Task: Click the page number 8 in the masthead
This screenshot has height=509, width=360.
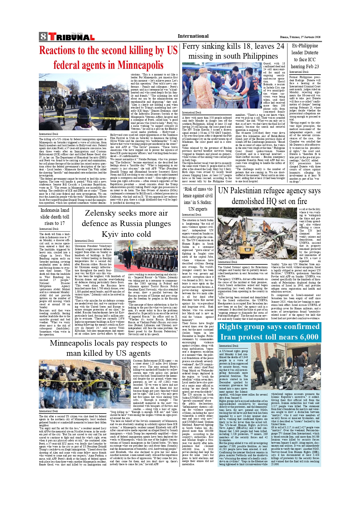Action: [x=43, y=37]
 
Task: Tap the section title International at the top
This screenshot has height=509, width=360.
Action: [x=193, y=36]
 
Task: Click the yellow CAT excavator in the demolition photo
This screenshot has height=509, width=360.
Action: [x=247, y=250]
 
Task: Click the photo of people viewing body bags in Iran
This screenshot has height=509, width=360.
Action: [x=286, y=366]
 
